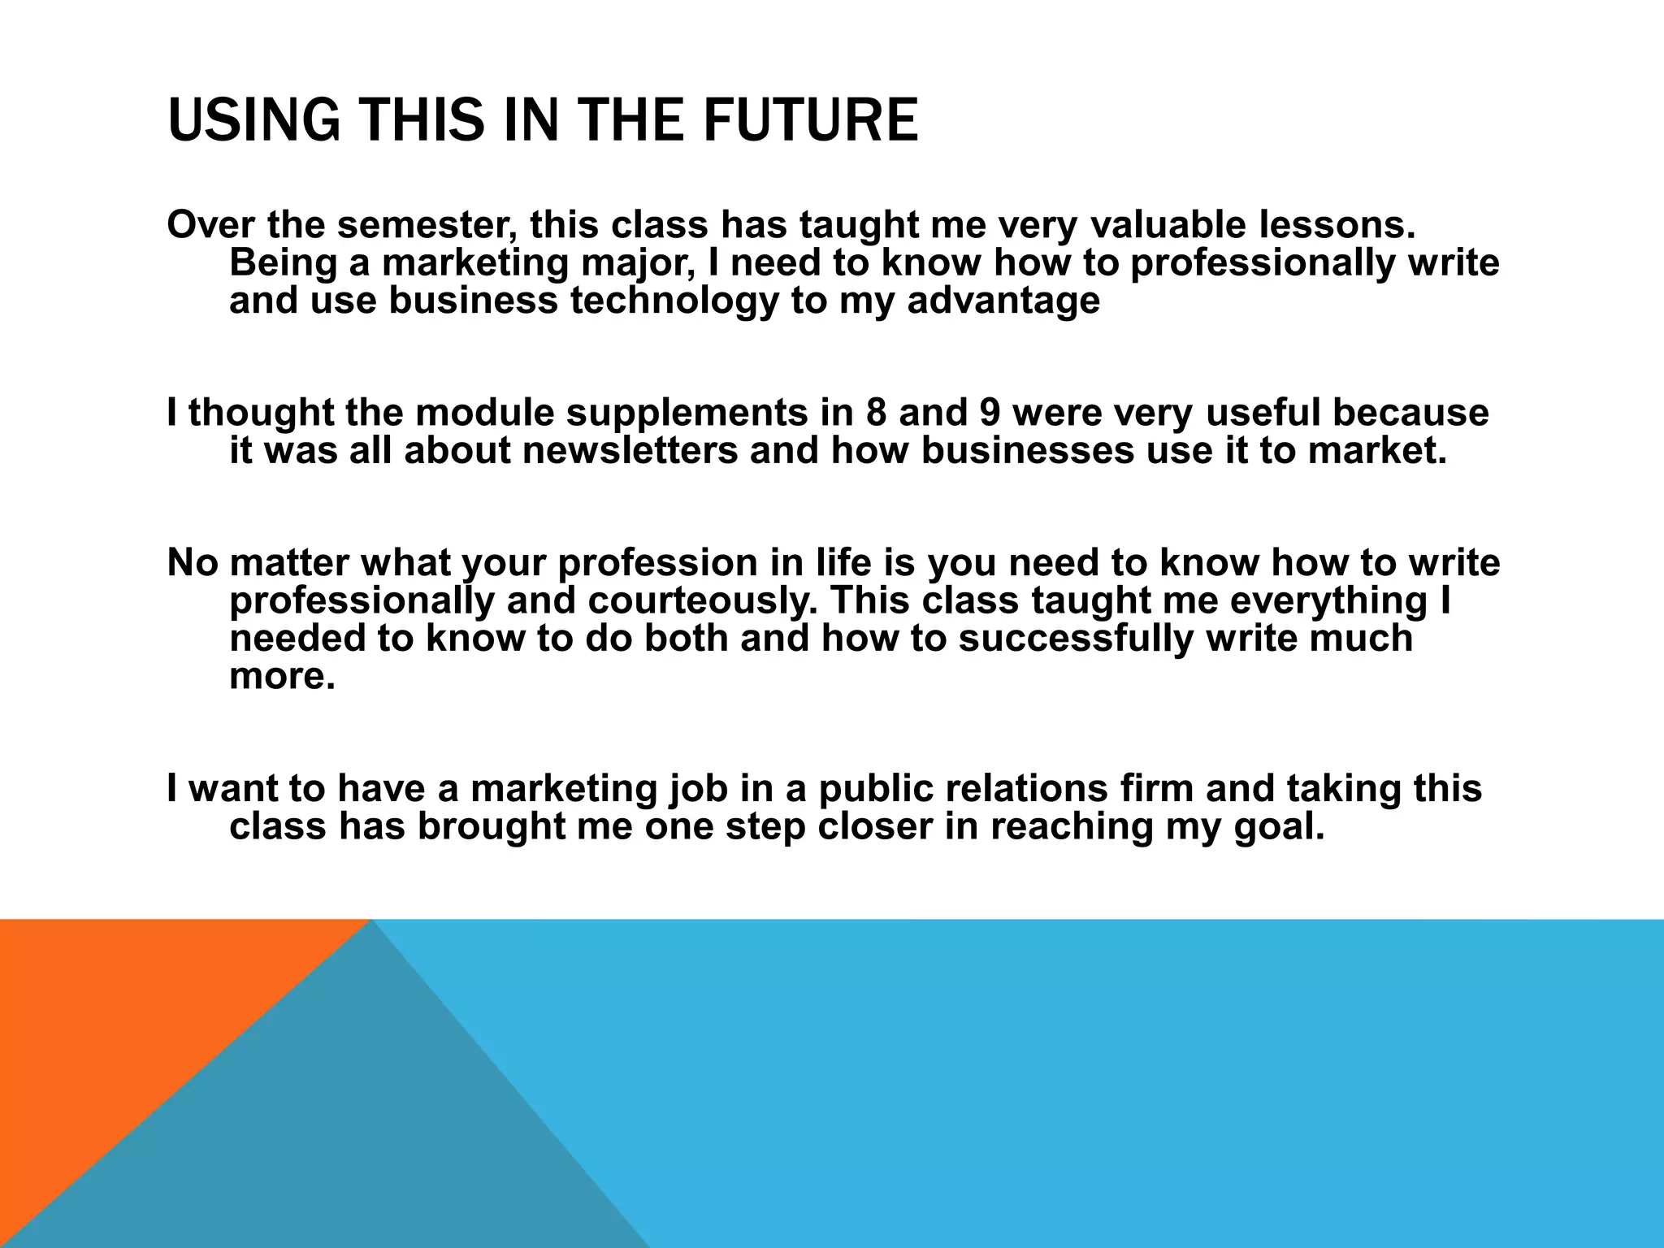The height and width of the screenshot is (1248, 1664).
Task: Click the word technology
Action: coord(674,300)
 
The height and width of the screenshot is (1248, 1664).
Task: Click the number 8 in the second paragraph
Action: coord(877,413)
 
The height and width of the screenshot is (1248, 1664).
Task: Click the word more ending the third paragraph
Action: coord(281,676)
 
